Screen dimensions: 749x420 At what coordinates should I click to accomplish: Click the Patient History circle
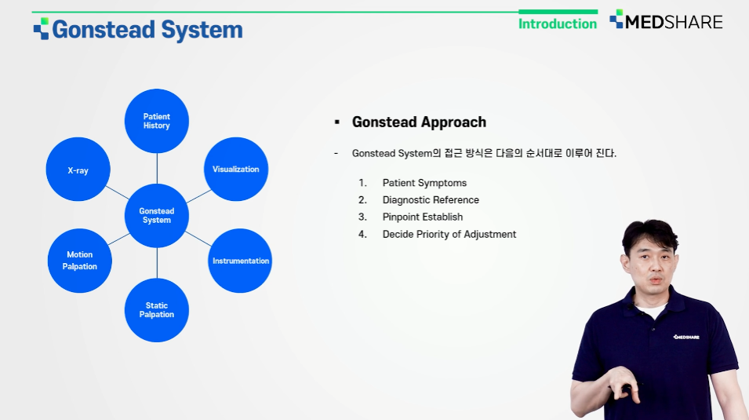(157, 121)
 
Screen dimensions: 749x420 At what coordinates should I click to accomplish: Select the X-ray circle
(78, 170)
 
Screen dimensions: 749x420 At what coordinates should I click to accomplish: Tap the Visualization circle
(236, 170)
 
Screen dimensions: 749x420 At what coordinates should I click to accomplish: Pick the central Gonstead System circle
(157, 216)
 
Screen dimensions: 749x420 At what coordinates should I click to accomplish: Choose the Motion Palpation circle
(80, 261)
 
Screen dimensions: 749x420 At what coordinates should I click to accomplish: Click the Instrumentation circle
(240, 261)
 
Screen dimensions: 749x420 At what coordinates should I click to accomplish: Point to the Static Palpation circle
(157, 310)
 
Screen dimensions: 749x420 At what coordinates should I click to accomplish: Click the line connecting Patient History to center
(157, 168)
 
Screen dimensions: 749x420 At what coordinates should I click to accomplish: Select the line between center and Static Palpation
(157, 263)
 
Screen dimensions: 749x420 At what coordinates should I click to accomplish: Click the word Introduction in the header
(558, 24)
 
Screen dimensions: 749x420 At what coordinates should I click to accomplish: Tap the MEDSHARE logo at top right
(666, 20)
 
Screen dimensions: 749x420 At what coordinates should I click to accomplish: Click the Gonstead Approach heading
(419, 122)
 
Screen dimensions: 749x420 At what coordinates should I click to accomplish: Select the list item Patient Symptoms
(424, 183)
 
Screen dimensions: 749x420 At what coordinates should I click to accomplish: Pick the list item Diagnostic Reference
(431, 200)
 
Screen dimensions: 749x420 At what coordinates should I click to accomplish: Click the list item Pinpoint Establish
(422, 217)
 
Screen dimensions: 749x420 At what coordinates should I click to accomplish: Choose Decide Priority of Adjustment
(449, 235)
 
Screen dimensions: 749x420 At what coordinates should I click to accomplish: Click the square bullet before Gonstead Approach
(337, 122)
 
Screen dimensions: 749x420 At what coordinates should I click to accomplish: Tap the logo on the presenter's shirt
(686, 337)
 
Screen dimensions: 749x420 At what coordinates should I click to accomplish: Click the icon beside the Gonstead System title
(41, 29)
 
